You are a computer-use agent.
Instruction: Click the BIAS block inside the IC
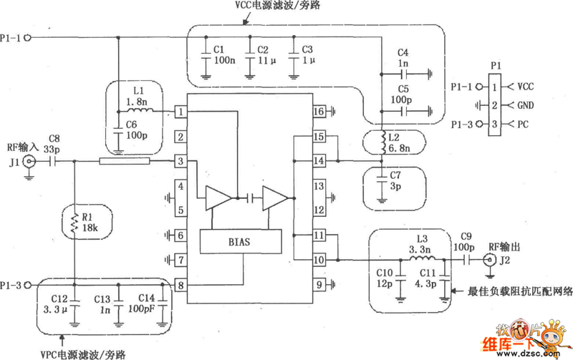(240, 242)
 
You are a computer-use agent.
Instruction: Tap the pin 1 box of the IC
(181, 112)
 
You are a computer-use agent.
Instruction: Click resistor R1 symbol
(74, 224)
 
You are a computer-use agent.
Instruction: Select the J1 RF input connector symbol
(29, 162)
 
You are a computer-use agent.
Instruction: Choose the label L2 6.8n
(398, 142)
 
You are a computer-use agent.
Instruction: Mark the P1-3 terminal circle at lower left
(28, 285)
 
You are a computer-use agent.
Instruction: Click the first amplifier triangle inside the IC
(218, 198)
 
